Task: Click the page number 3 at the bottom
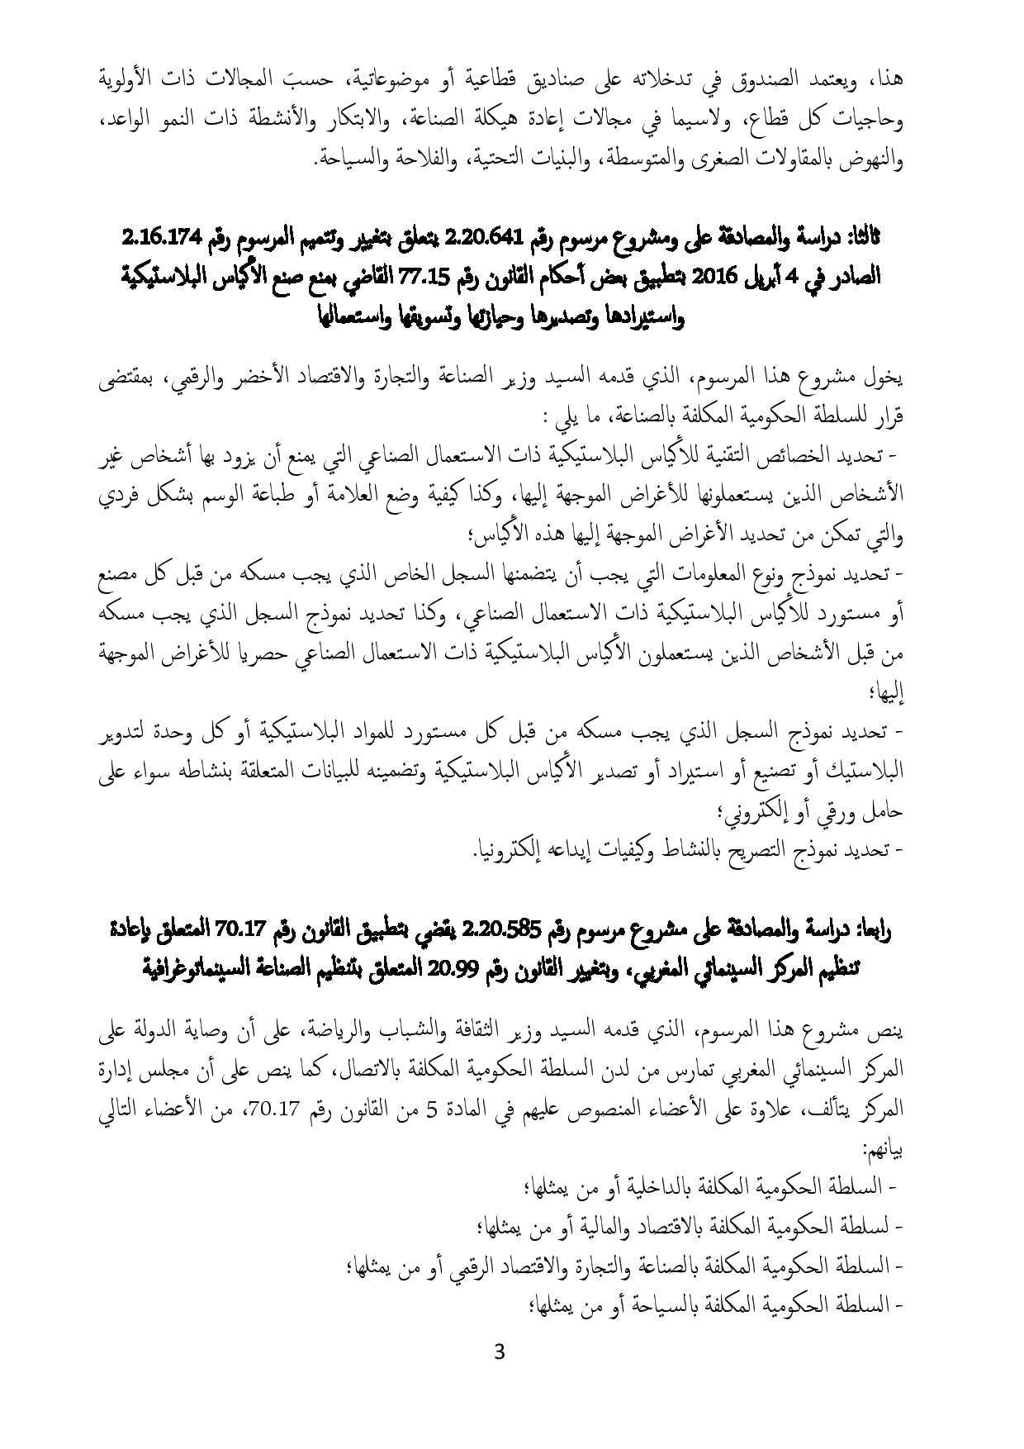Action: pyautogui.click(x=498, y=1352)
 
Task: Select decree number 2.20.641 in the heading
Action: pyautogui.click(x=481, y=239)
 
